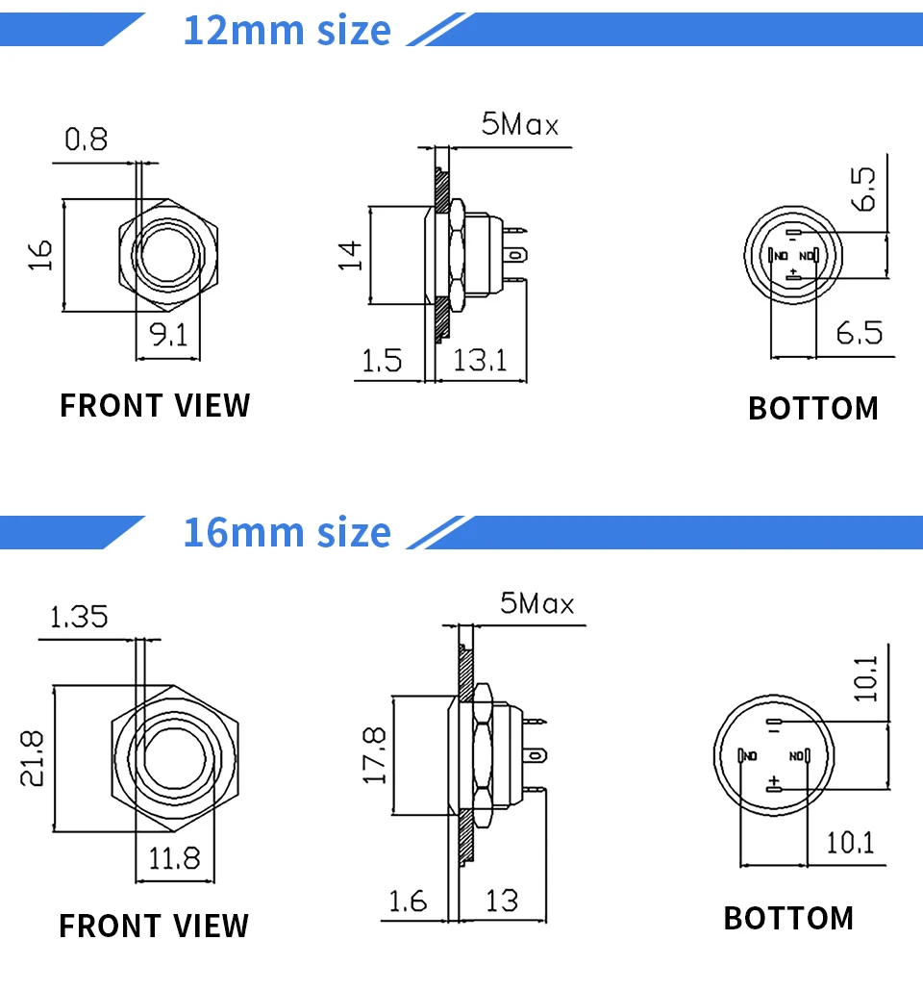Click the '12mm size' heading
287,30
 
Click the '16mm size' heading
287,531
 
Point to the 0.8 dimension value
87,140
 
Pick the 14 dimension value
352,254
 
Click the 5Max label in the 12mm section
519,125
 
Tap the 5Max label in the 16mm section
536,604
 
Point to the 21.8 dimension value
32,757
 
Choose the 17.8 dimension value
374,754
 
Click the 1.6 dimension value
408,901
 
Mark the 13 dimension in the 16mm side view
502,901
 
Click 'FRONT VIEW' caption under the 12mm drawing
155,406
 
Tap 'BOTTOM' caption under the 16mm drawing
788,918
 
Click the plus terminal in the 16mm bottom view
773,787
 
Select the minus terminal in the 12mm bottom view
793,235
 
